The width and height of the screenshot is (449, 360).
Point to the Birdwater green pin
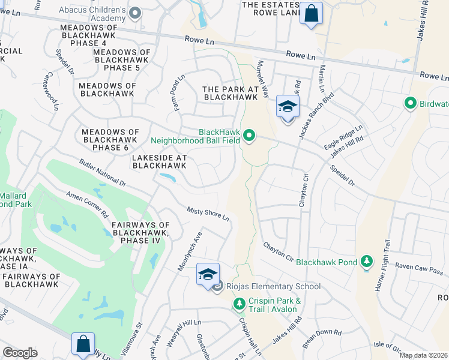(411, 103)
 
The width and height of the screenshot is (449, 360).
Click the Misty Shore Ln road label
(208, 209)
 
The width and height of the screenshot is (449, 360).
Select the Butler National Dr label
(103, 172)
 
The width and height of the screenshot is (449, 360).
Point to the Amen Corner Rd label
(88, 206)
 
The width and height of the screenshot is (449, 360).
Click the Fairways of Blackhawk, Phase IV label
(139, 232)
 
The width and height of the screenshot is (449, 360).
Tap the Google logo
(20, 353)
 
